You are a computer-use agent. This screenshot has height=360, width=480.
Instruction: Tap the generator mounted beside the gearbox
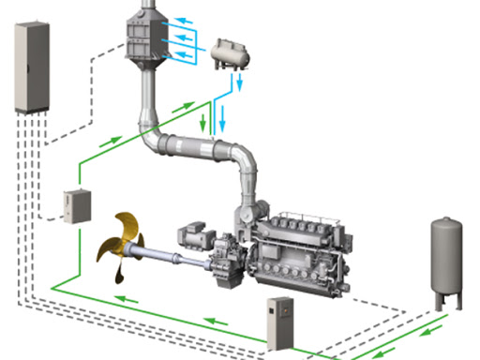click(194, 233)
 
